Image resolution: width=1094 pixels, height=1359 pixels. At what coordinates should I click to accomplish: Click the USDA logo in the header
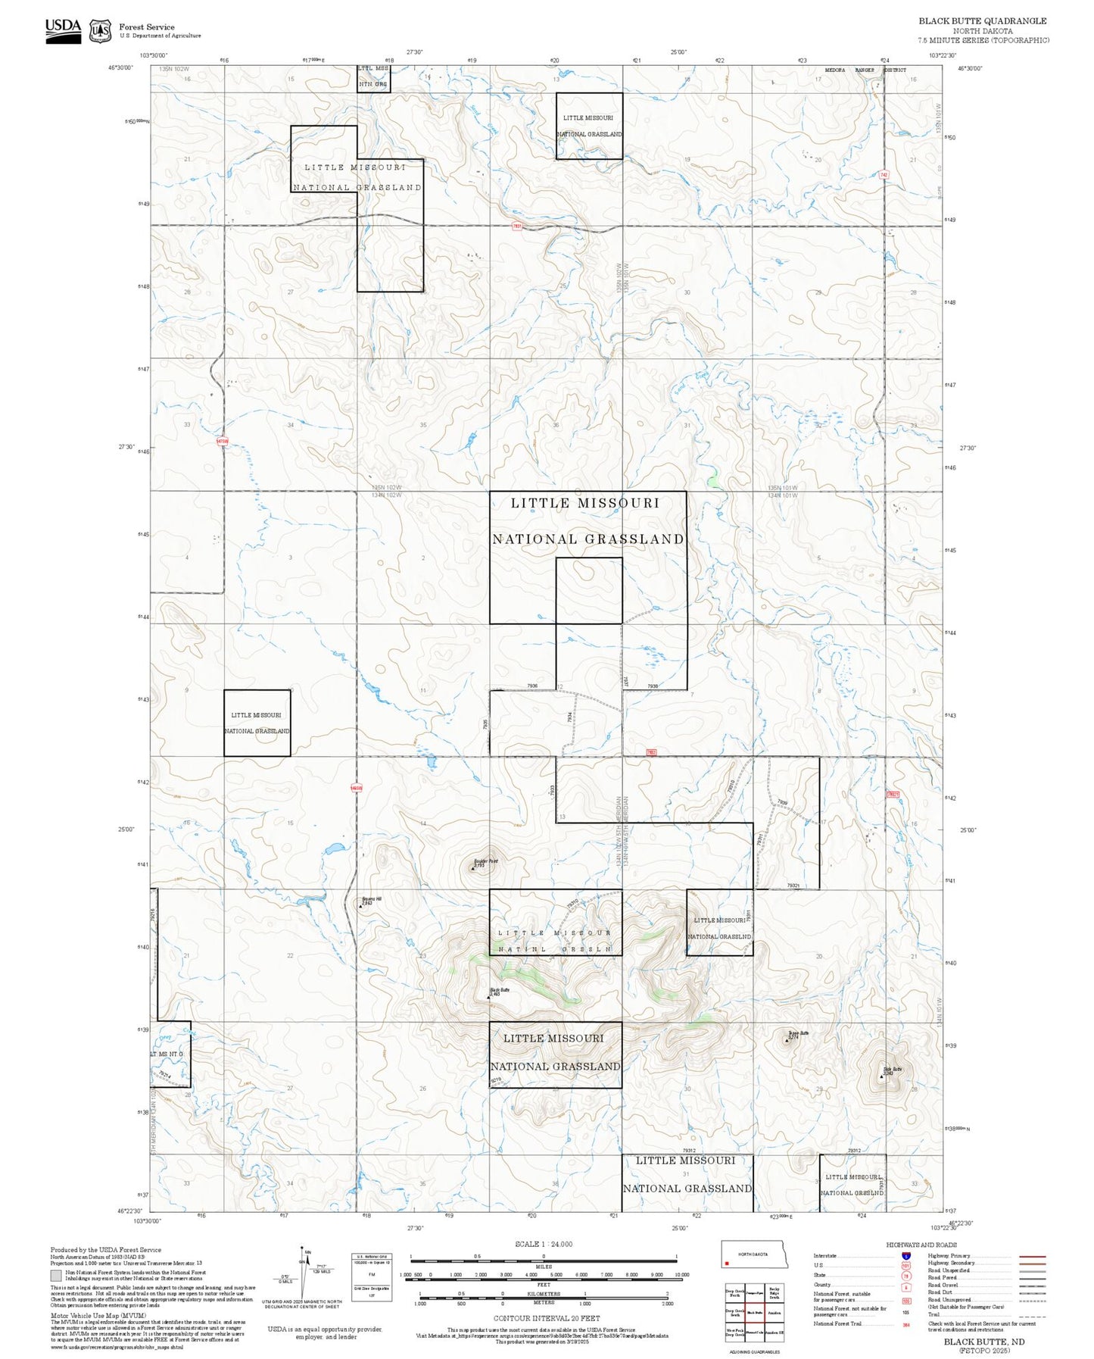pos(63,30)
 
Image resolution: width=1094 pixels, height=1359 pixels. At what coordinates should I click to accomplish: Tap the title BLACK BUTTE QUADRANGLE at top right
pos(982,21)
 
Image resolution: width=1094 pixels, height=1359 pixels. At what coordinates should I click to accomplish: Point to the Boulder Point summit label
pos(485,862)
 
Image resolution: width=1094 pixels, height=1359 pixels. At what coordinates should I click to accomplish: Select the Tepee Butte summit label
pos(798,1034)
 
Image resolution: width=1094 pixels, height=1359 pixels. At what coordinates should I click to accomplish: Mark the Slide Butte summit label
pos(892,1070)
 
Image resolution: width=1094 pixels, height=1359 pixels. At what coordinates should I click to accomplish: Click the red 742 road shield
pos(884,175)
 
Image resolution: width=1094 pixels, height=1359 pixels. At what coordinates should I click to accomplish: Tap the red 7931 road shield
pos(517,226)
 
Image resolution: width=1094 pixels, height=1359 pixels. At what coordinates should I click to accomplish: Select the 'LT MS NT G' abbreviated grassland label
pos(167,1054)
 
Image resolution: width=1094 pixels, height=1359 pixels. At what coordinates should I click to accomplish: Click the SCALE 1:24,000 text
pos(543,1244)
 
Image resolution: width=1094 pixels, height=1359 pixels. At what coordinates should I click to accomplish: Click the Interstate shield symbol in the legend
pos(905,1255)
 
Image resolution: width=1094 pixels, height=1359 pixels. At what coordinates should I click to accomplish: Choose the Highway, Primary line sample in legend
pos(1032,1256)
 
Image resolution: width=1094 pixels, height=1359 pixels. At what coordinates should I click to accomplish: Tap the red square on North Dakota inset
pos(726,1263)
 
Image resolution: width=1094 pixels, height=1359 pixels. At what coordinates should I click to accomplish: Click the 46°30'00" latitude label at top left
pos(122,68)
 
